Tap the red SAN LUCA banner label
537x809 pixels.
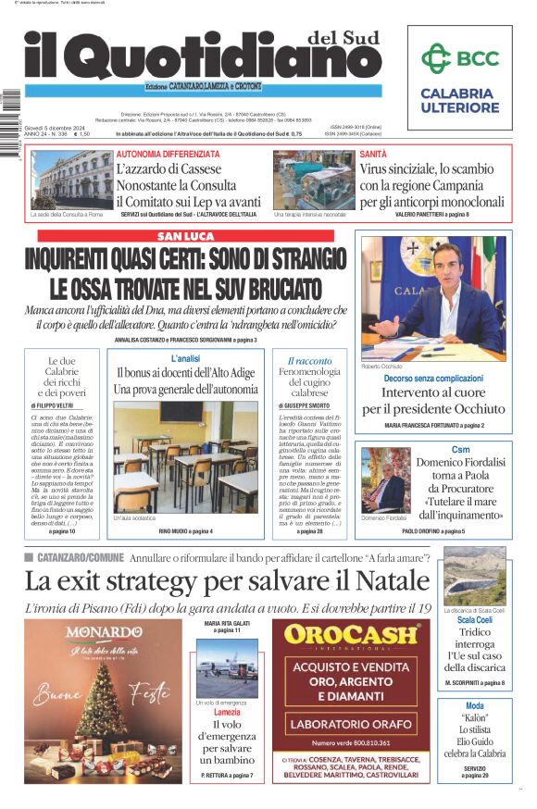186,236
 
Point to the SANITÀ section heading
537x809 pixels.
373,154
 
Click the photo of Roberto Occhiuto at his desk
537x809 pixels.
433,298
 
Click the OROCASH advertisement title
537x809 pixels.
351,635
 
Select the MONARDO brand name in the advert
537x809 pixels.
104,632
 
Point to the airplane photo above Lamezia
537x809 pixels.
227,667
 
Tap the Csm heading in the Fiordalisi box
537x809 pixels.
459,449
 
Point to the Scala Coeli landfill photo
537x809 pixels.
474,575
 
